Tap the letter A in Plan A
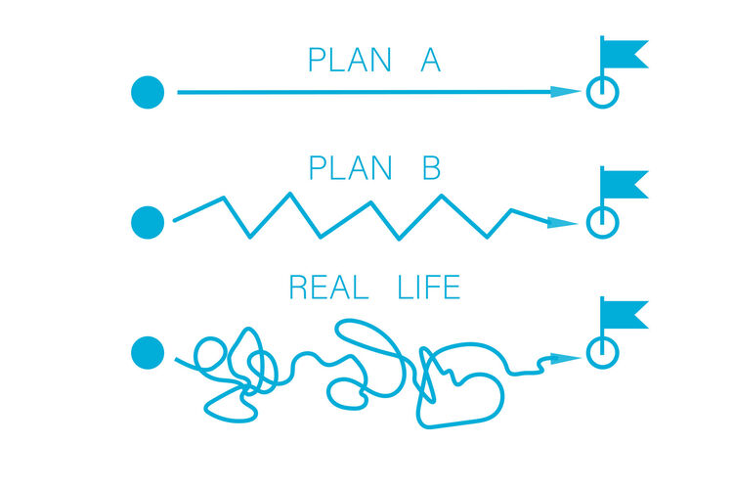click(430, 61)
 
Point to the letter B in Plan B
click(431, 168)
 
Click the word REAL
click(328, 288)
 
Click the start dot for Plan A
click(148, 93)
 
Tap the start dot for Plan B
click(148, 221)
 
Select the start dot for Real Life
click(148, 352)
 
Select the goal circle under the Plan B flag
click(602, 223)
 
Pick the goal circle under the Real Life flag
click(602, 352)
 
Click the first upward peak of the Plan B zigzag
click(223, 198)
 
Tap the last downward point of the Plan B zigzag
click(489, 235)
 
